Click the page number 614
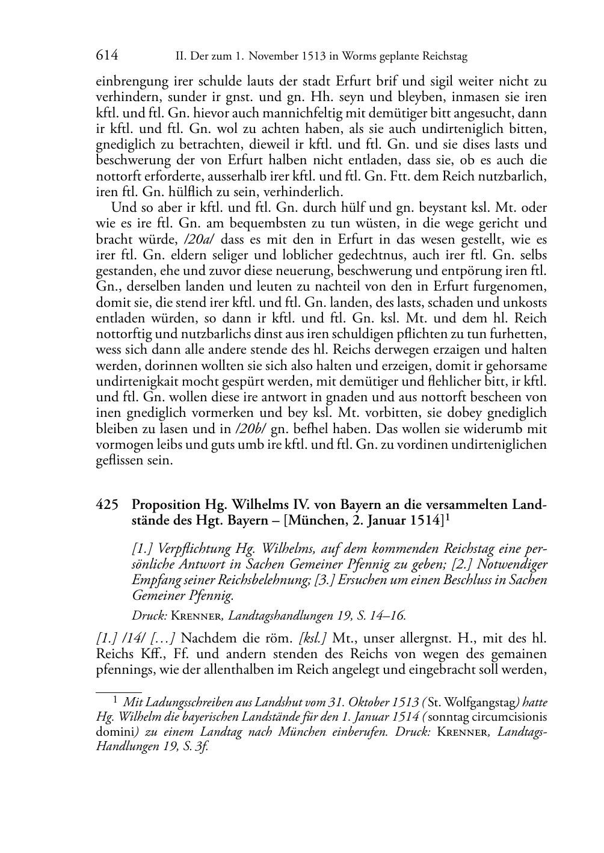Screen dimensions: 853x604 (x=106, y=56)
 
